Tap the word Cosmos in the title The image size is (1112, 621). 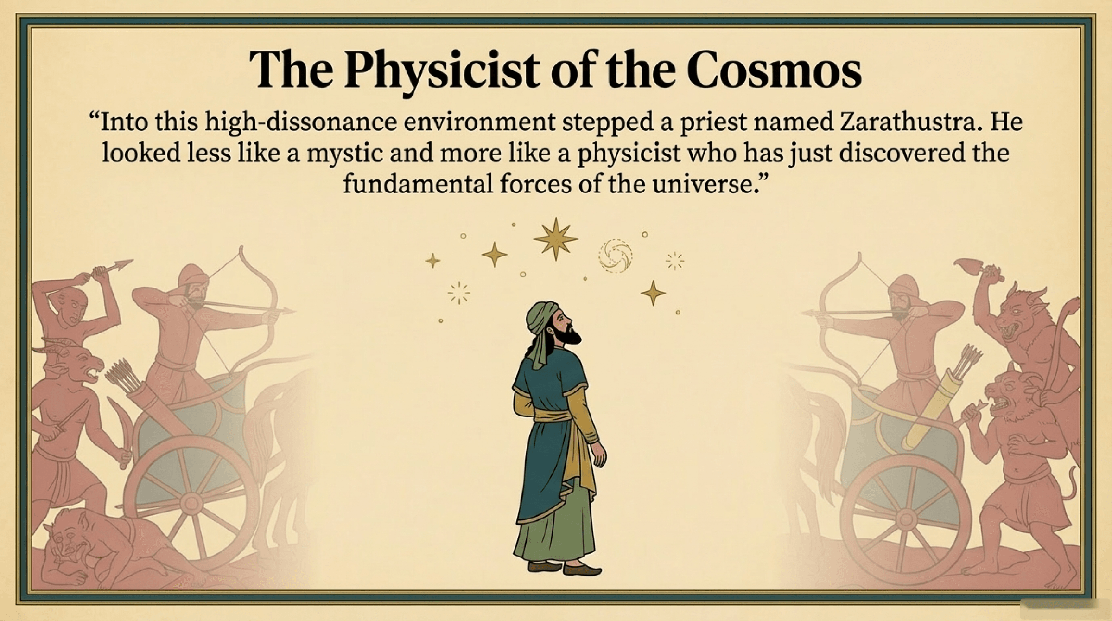coord(774,70)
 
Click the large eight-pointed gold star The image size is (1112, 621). coord(555,239)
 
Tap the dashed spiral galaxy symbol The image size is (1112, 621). coord(616,256)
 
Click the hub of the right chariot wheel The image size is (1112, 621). coord(905,519)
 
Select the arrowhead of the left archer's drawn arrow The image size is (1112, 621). coord(288,310)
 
